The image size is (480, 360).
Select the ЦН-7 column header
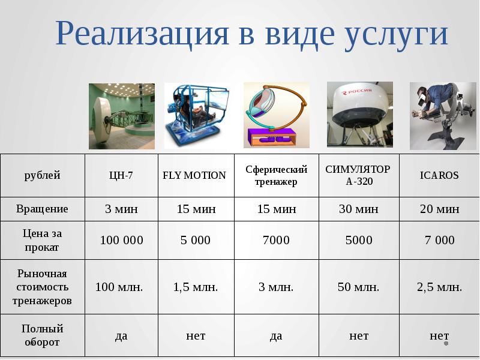(121, 175)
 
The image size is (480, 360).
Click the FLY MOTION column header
(194, 175)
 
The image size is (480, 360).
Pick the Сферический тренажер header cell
(276, 175)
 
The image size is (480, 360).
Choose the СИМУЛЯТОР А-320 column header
(358, 175)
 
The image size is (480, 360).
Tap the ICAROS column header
(439, 175)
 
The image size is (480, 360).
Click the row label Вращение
(42, 209)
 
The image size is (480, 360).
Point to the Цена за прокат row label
(42, 239)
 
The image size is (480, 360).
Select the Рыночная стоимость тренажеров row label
(42, 287)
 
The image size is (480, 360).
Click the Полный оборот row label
(42, 335)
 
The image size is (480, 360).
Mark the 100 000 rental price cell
(121, 240)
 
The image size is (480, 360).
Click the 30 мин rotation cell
(358, 209)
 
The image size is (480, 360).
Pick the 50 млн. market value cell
(358, 287)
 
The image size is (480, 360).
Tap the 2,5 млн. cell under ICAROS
(439, 287)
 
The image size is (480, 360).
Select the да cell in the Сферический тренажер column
(276, 335)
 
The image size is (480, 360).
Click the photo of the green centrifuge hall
(122, 116)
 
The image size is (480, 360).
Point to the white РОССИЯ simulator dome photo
(359, 114)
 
